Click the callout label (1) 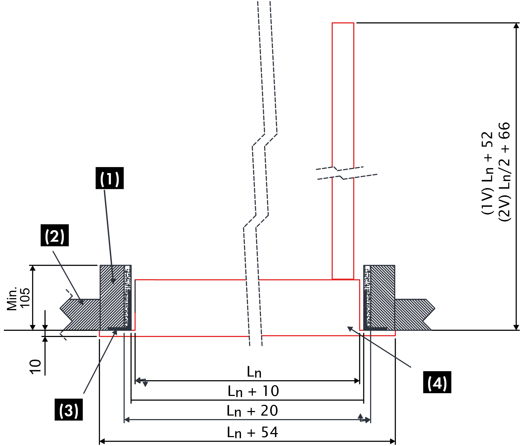[x=110, y=179]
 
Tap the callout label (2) [x=55, y=237]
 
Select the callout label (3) [x=69, y=411]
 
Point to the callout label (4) [x=437, y=383]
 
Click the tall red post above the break [x=343, y=94]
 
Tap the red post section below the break [x=343, y=229]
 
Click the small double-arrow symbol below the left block [x=142, y=382]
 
